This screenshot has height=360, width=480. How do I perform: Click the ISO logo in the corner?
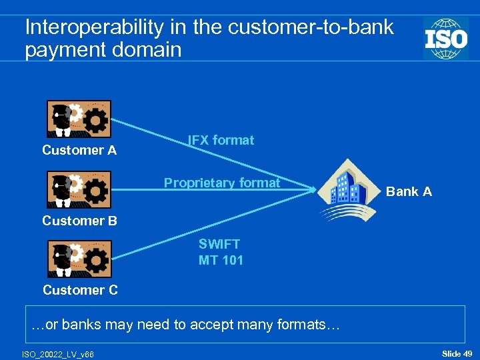coord(446,38)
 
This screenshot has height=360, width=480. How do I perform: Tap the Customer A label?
coord(79,151)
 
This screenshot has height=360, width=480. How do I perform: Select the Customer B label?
coord(79,221)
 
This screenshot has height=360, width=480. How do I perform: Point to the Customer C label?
coord(80,290)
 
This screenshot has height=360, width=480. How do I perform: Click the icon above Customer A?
coord(79,119)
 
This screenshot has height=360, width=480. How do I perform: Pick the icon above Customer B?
coord(79,190)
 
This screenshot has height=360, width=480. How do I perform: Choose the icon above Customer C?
coord(79,259)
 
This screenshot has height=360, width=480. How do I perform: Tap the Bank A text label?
coord(409,192)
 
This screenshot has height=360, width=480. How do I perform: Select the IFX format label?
coord(221,141)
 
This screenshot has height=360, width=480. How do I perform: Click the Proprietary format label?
coord(222,183)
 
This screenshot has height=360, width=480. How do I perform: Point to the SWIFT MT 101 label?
coord(221,253)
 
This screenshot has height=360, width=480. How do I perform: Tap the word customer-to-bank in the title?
coord(310,28)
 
